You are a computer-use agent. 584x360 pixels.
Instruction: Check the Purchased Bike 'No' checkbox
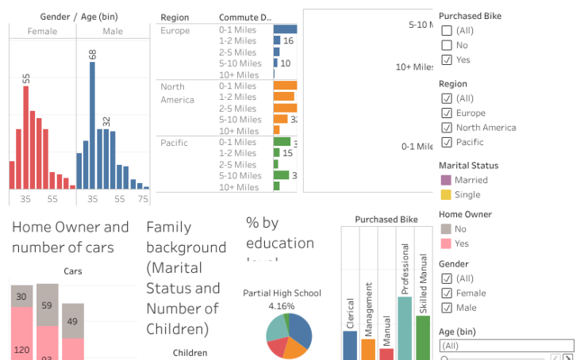click(x=447, y=45)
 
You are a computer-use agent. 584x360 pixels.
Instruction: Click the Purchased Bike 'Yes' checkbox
click(x=447, y=59)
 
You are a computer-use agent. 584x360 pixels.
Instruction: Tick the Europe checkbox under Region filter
click(x=447, y=113)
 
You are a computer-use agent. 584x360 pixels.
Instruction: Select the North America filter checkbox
click(x=447, y=127)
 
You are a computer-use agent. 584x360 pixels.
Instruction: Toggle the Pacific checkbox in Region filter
click(x=447, y=142)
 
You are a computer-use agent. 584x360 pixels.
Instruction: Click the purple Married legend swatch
click(x=446, y=180)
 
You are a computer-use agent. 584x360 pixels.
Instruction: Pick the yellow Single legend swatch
click(x=446, y=194)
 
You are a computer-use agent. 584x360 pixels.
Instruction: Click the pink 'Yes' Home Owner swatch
click(x=446, y=243)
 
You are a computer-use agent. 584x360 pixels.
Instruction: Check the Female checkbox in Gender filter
click(x=447, y=293)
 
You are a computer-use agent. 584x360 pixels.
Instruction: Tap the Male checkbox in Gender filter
click(x=447, y=307)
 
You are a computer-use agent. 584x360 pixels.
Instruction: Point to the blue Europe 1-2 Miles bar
click(x=277, y=40)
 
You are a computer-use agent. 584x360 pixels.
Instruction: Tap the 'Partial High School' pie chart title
click(x=282, y=293)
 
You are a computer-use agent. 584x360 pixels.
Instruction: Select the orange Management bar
click(x=368, y=349)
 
